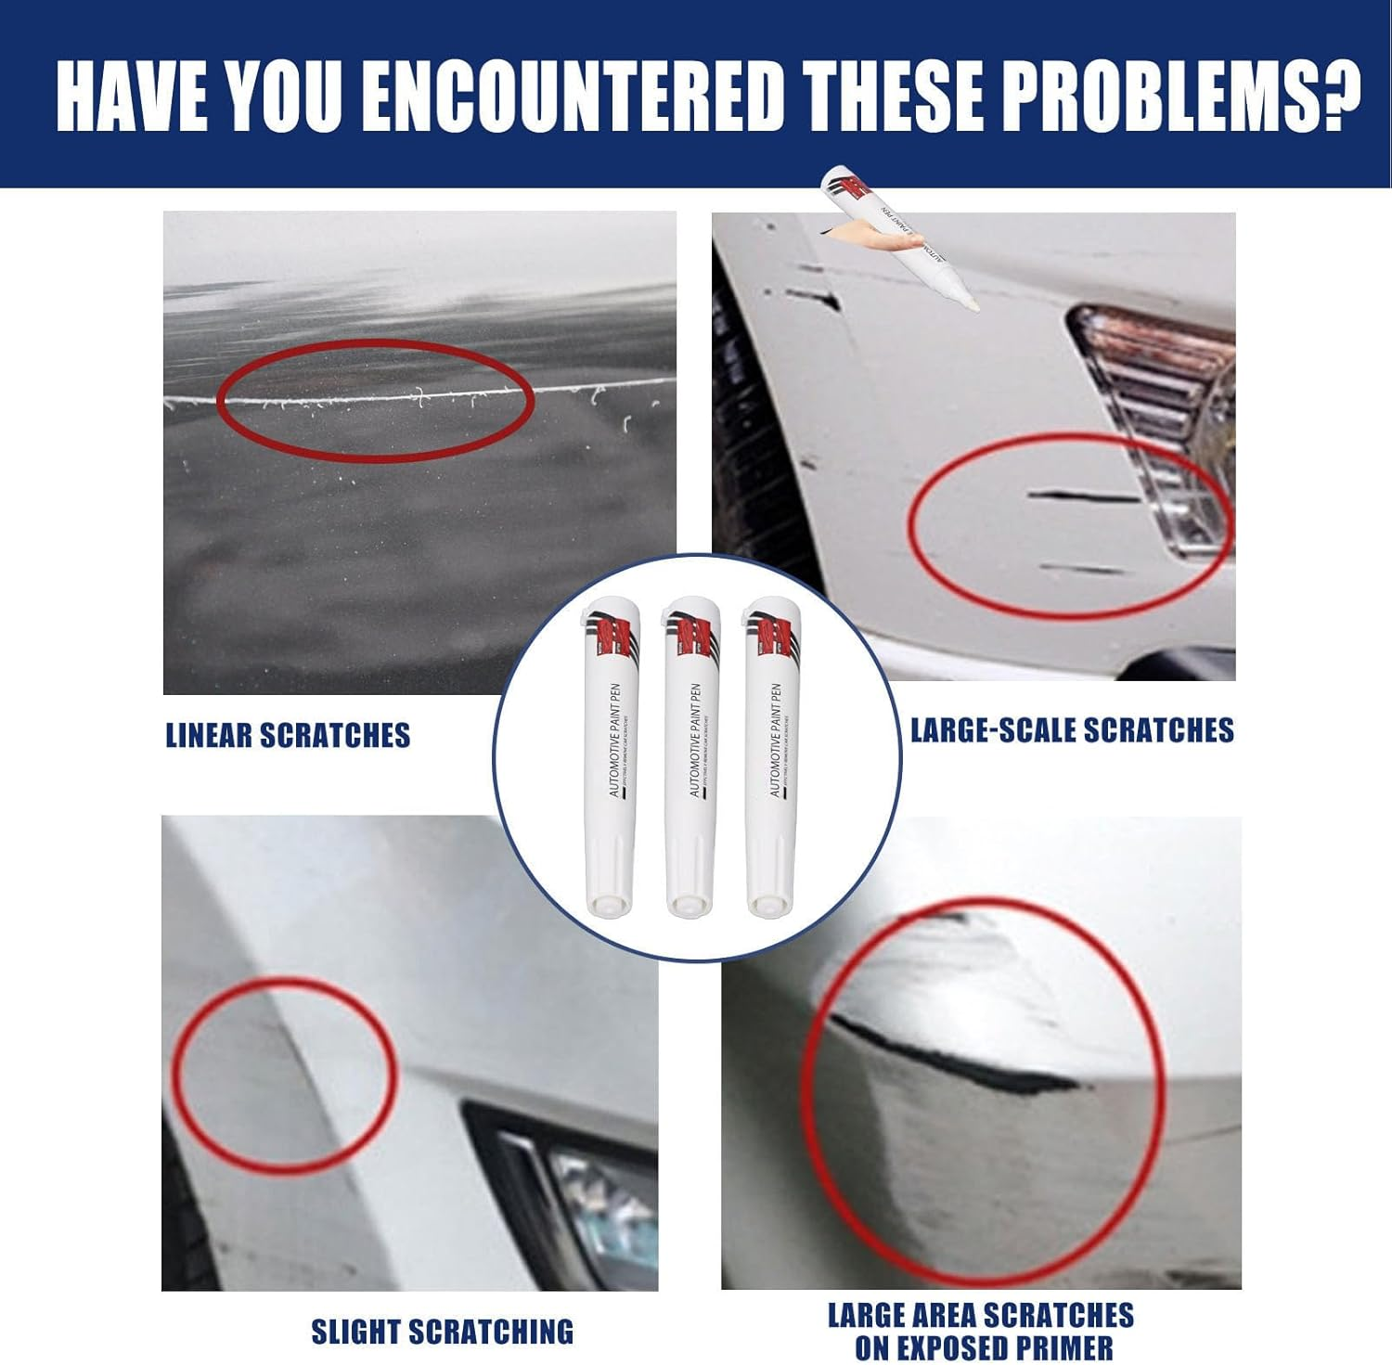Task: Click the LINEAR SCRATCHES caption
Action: [288, 736]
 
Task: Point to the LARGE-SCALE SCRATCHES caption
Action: [1072, 730]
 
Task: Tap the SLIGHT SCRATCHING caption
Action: [442, 1333]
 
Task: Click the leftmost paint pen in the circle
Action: [609, 752]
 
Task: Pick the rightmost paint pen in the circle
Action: [772, 752]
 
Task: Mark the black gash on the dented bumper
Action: [956, 1058]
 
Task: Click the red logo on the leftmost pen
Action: [611, 637]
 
